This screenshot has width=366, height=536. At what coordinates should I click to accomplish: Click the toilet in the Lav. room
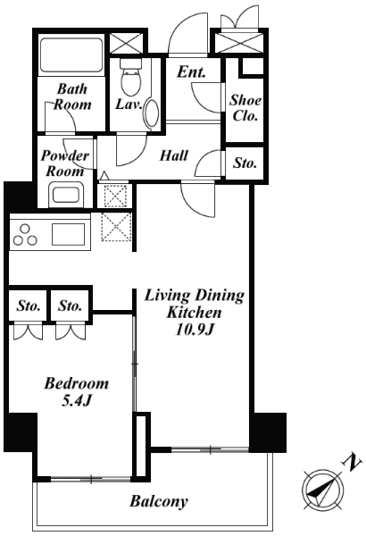tap(130, 77)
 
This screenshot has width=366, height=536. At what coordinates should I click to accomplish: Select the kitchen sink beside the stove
tap(69, 234)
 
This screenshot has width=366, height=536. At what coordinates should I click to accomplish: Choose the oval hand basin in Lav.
tap(152, 113)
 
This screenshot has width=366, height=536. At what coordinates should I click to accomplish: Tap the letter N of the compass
tap(353, 462)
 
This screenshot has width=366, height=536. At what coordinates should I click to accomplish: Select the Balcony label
tap(159, 501)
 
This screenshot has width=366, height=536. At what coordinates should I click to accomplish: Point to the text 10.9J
tap(195, 330)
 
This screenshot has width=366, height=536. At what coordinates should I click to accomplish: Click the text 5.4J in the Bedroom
tap(76, 400)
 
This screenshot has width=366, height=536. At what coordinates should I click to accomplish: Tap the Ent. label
tap(191, 71)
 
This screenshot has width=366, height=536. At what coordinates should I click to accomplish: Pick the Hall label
tap(174, 155)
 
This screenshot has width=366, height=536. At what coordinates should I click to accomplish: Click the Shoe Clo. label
tap(245, 108)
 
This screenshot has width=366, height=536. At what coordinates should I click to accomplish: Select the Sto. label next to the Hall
tap(245, 163)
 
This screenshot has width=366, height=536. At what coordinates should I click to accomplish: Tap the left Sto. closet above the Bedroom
tap(29, 306)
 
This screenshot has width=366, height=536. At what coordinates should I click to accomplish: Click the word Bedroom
tap(76, 383)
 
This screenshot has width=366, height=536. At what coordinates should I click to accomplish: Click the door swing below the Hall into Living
tap(198, 200)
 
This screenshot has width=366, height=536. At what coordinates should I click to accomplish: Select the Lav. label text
tap(129, 104)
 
